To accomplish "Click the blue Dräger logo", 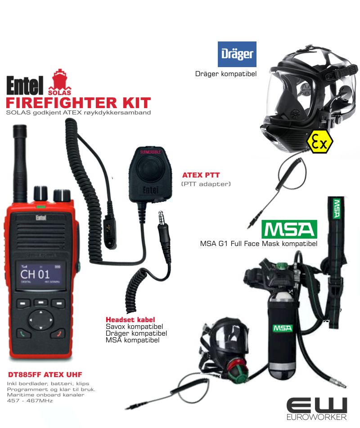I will coord(237,54).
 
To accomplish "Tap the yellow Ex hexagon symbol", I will coord(319,141).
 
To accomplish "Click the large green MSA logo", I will coord(289,229).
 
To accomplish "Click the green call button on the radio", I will coord(22,334).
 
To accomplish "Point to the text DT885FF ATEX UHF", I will coord(45,374).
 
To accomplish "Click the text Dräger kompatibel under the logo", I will coord(225,73).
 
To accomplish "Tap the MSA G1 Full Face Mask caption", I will coord(259,244).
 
